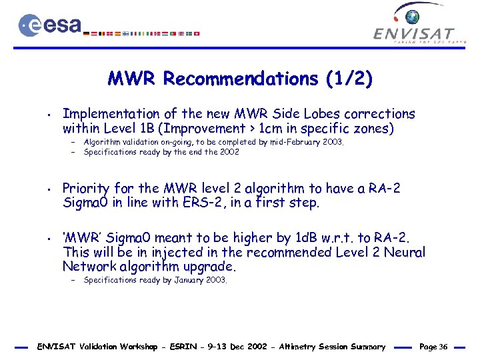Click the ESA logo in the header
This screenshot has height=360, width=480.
tap(50, 25)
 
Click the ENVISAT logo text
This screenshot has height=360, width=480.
tap(414, 33)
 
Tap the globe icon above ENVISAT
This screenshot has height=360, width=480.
tap(413, 16)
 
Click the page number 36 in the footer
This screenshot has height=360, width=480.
tap(443, 347)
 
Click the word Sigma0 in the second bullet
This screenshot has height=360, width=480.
tap(85, 203)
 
